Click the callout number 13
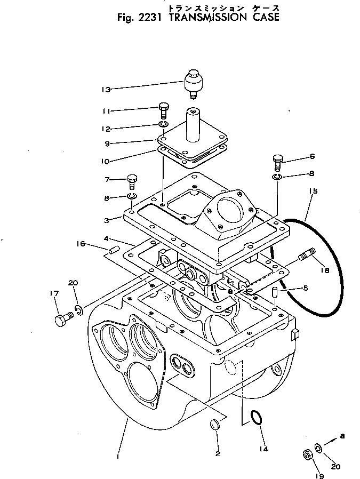pyautogui.click(x=107, y=90)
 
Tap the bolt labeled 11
pyautogui.click(x=164, y=110)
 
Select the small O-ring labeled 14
pyautogui.click(x=256, y=418)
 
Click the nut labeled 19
pyautogui.click(x=308, y=455)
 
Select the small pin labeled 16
pyautogui.click(x=113, y=250)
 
